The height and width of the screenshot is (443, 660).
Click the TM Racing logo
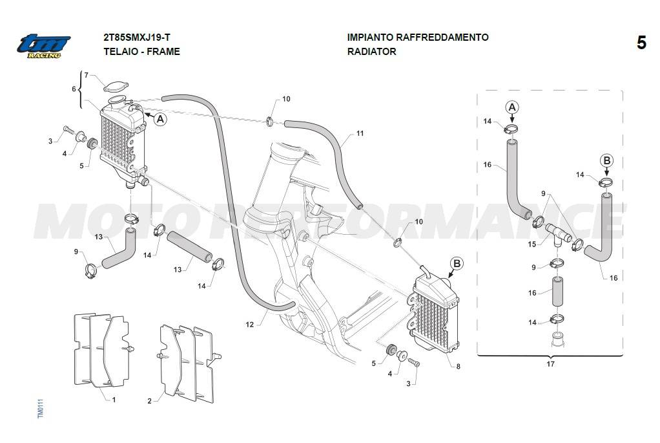(x=43, y=45)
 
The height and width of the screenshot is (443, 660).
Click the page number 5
(x=641, y=43)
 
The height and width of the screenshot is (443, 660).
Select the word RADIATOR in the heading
(x=371, y=52)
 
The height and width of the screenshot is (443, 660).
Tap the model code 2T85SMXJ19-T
(x=136, y=38)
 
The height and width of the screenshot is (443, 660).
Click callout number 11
(x=360, y=134)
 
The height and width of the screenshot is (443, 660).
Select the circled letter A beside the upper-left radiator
(x=161, y=119)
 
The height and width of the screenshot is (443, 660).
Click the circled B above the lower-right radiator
(x=457, y=263)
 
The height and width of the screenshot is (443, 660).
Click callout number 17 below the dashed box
(x=550, y=364)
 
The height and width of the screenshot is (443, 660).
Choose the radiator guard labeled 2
(x=188, y=362)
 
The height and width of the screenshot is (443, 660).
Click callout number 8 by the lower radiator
(x=458, y=367)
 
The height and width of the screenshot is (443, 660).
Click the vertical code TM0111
(x=39, y=408)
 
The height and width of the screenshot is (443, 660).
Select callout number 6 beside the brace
(x=74, y=89)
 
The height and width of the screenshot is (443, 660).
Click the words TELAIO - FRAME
(x=141, y=52)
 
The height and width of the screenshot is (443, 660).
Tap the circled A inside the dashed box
(x=511, y=107)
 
